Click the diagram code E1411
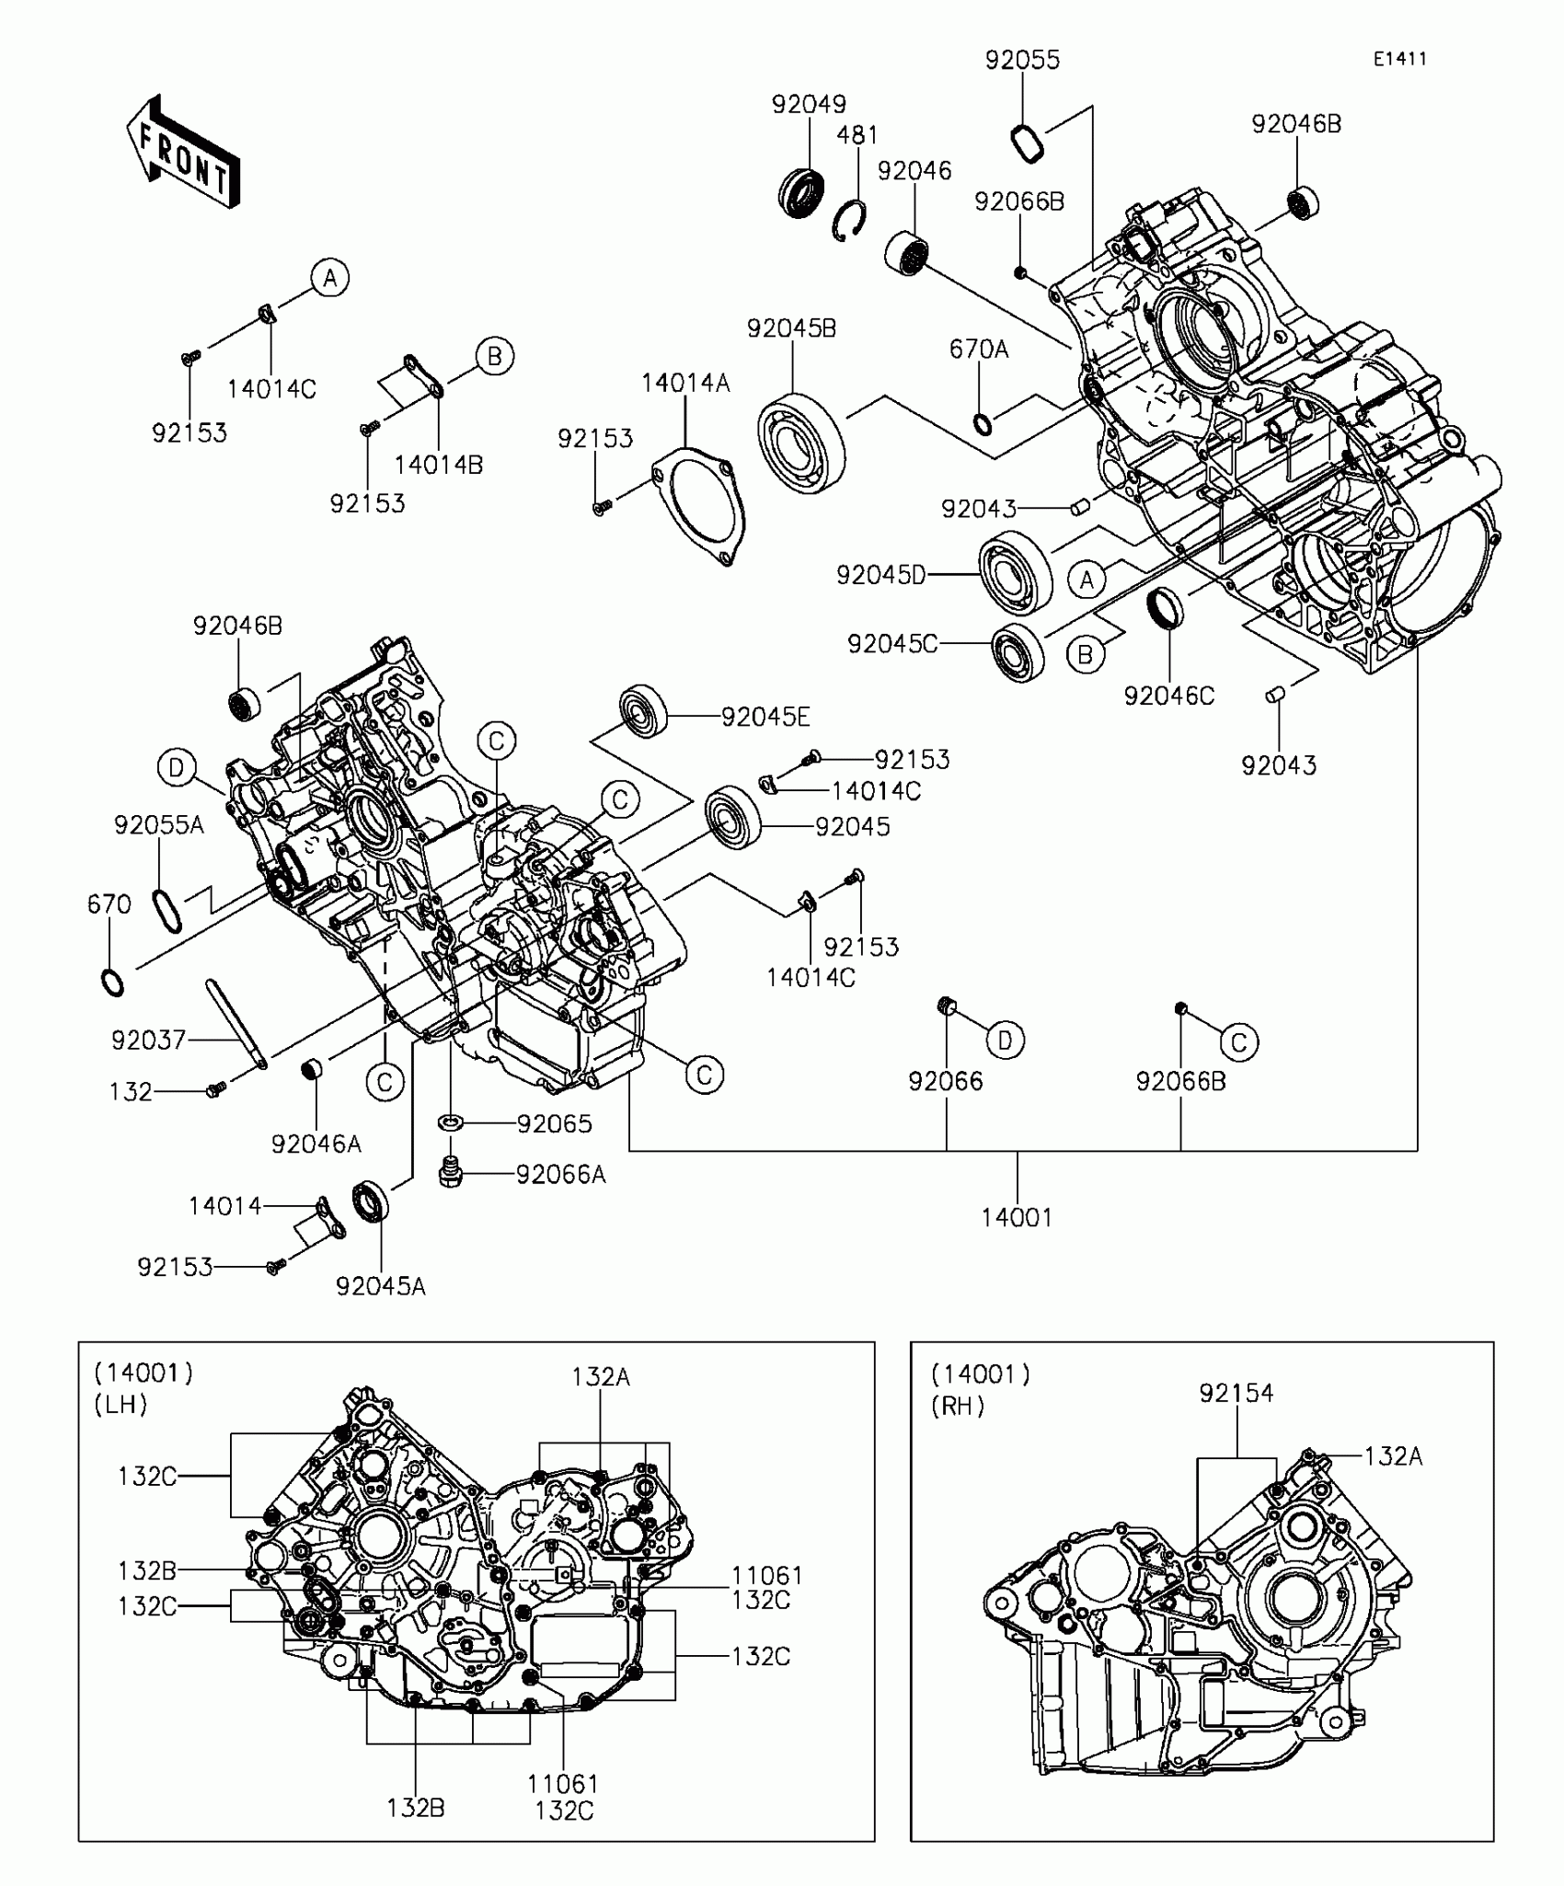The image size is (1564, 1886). (x=1399, y=59)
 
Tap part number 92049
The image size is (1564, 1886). (x=809, y=104)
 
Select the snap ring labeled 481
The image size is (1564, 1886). (x=849, y=222)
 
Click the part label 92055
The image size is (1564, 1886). (x=1022, y=60)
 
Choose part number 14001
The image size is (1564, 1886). (x=1016, y=1217)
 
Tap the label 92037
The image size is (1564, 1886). (x=148, y=1040)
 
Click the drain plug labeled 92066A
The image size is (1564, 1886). (x=449, y=1174)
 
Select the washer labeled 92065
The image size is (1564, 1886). (x=451, y=1122)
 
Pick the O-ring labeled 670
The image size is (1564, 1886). (x=112, y=983)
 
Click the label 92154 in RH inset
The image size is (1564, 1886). (x=1236, y=1393)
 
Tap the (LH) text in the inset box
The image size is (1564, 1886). (x=121, y=1405)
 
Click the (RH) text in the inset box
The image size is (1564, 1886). (x=958, y=1406)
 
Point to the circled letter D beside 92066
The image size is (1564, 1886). (x=1005, y=1040)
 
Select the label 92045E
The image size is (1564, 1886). (x=765, y=717)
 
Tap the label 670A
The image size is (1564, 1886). (x=979, y=350)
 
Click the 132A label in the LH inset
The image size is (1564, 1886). (x=600, y=1376)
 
